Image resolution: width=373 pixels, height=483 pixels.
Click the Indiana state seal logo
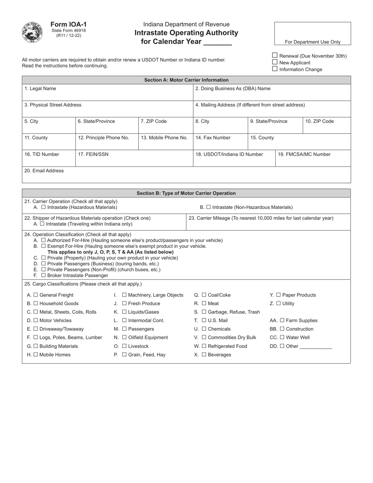point(33,33)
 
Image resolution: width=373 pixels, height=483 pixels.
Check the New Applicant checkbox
point(275,62)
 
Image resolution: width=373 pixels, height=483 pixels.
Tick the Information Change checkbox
point(275,69)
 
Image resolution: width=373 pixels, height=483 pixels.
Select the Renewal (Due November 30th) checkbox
point(275,55)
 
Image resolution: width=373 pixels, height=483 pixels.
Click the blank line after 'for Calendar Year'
point(218,42)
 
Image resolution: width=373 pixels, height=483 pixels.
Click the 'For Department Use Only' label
point(313,42)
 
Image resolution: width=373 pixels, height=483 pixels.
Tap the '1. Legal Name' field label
point(40,89)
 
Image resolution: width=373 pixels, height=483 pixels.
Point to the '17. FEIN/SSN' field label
point(93,154)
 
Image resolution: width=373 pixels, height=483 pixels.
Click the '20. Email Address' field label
point(44,171)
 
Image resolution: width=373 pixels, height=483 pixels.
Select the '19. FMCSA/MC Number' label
point(304,154)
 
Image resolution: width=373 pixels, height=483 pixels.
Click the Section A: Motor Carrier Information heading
point(186,80)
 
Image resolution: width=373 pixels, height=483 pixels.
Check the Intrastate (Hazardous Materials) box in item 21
point(43,207)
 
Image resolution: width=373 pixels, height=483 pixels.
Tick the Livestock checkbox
point(124,346)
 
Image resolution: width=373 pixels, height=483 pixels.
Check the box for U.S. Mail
point(204,320)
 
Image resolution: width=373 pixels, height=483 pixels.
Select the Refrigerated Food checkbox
point(205,346)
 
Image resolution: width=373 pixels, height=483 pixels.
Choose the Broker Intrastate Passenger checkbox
point(43,275)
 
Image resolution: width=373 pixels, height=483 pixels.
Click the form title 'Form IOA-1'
point(68,24)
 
